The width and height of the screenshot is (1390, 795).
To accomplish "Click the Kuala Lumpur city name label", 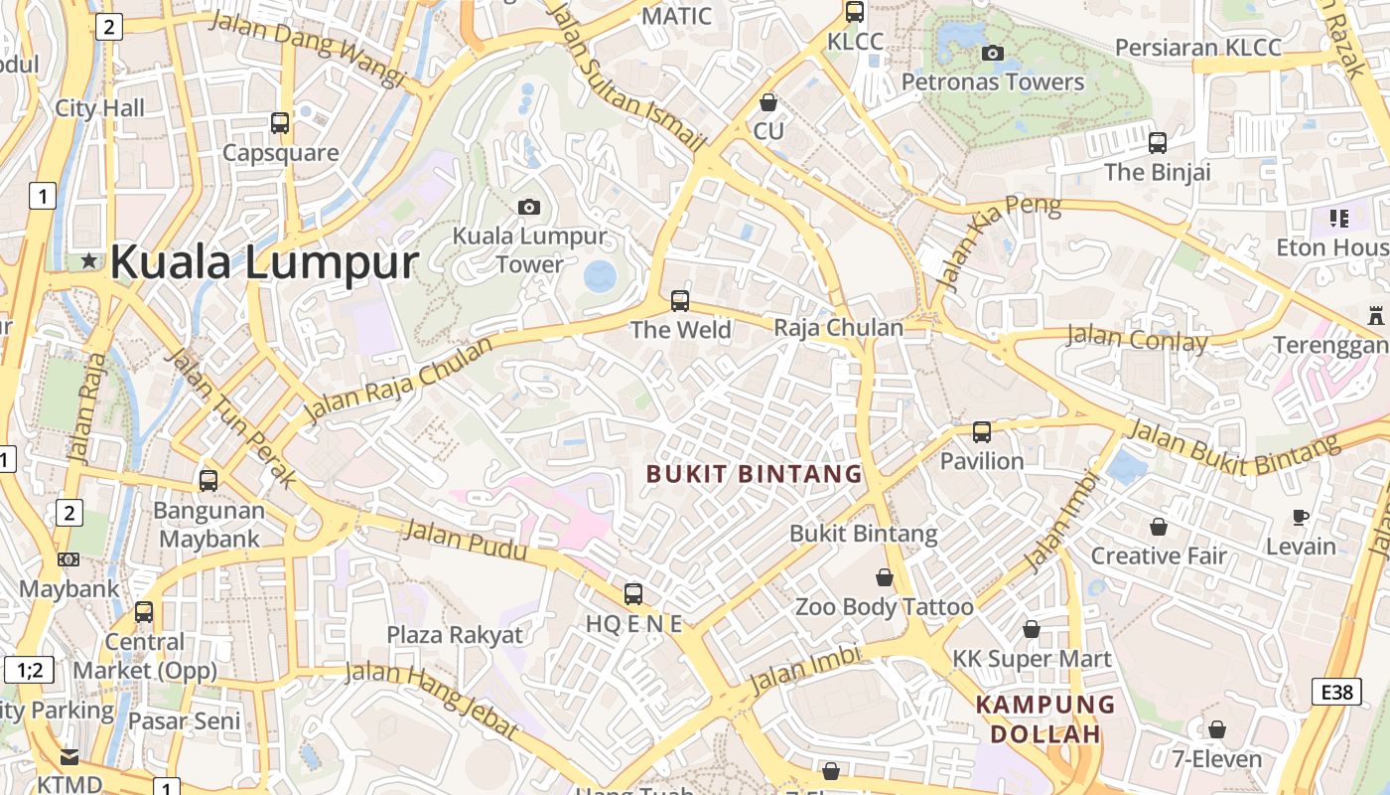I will (x=264, y=262).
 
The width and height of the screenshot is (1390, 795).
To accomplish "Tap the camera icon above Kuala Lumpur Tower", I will (x=529, y=207).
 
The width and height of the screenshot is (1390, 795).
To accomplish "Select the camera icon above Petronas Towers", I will (x=992, y=53).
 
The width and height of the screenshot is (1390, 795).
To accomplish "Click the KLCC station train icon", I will (x=854, y=12).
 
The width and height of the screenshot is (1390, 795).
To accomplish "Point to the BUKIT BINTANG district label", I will (x=755, y=474).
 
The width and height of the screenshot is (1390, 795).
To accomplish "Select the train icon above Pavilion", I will (x=981, y=432).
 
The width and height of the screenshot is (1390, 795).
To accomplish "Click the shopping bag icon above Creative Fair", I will (x=1158, y=527).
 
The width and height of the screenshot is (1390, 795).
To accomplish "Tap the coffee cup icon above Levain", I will (x=1301, y=517).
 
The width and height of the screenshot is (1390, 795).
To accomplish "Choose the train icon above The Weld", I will (x=680, y=300).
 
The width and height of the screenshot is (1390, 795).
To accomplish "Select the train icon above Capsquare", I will (x=280, y=123).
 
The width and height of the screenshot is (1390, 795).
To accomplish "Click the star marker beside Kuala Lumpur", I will (x=89, y=261).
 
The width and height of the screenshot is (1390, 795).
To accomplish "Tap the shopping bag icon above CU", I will (x=767, y=102).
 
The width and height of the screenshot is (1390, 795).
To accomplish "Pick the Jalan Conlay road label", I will (x=1137, y=339).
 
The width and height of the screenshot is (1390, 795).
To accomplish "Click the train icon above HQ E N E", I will (x=632, y=594).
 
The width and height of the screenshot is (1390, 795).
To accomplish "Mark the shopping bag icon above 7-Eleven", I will (x=1216, y=730).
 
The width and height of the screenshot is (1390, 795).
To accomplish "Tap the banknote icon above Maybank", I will (x=69, y=559).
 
